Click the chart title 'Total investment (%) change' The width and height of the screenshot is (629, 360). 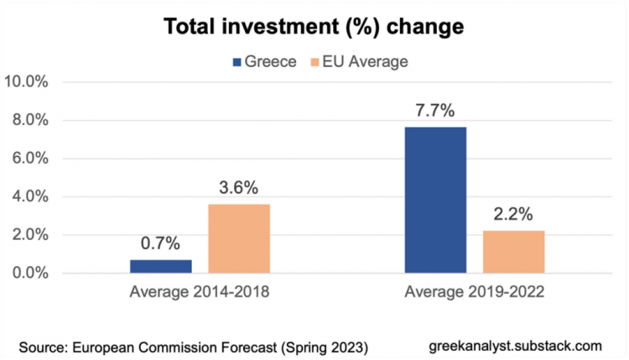314,26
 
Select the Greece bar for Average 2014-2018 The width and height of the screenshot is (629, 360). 161,266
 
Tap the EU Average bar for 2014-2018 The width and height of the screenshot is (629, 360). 239,238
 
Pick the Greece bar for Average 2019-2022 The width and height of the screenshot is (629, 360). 435,200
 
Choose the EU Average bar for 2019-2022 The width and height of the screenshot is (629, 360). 513,252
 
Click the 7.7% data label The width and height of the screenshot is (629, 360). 435,110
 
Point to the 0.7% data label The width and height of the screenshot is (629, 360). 161,244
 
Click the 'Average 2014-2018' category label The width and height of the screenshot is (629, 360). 200,294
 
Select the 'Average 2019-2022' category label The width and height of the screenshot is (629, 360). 474,294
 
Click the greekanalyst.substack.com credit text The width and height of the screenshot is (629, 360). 514,345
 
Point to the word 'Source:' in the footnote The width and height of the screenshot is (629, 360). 44,346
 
